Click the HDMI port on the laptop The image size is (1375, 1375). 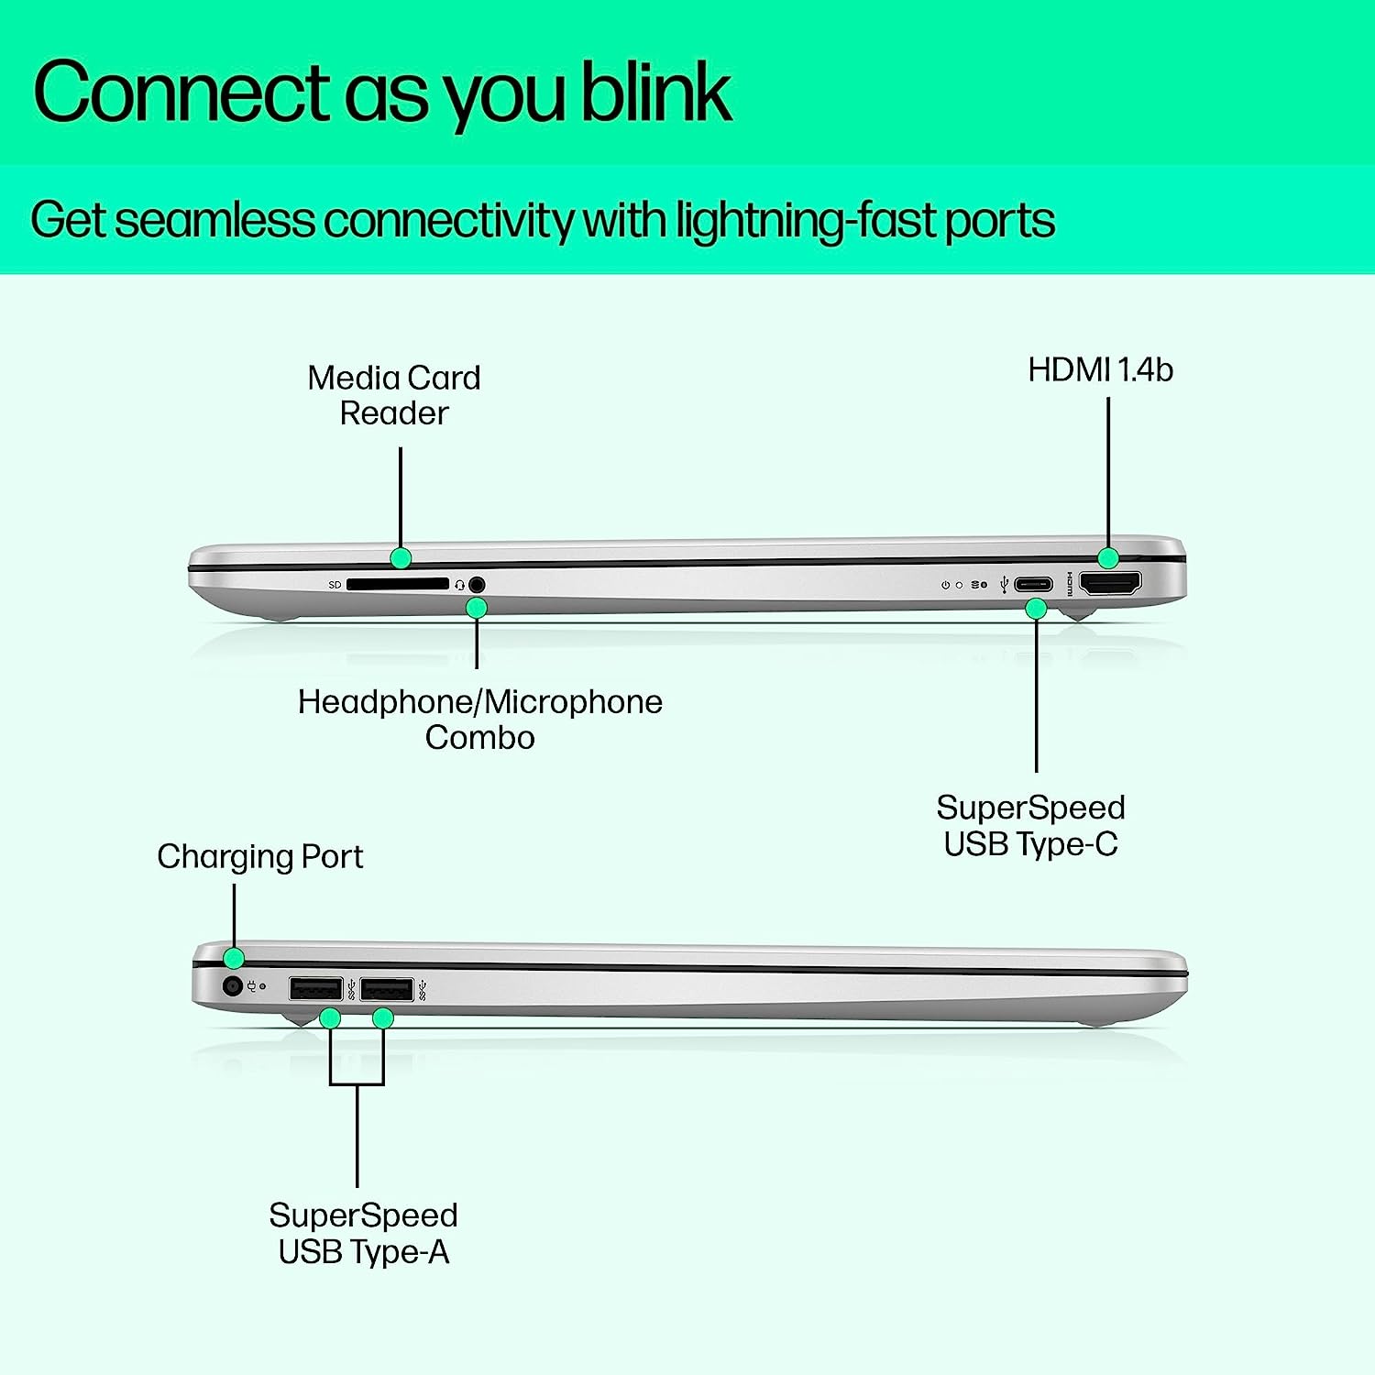(1110, 583)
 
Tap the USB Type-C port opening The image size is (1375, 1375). (1033, 584)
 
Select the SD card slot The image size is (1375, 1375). (398, 584)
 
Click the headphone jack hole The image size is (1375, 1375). (477, 584)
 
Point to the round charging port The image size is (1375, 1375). (233, 986)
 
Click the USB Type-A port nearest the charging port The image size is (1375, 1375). (315, 988)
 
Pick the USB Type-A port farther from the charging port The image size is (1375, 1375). (386, 988)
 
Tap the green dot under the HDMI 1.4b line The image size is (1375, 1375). (1108, 557)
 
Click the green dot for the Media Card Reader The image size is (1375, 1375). (401, 557)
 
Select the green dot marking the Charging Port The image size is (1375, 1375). (234, 959)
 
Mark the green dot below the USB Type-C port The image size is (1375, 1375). (1036, 608)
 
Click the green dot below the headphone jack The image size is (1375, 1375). (476, 607)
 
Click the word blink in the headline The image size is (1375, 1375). (656, 93)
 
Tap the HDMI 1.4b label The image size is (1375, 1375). (1100, 369)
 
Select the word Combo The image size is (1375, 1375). (479, 737)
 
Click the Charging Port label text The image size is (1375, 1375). (260, 857)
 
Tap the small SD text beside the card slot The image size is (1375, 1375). (335, 585)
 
